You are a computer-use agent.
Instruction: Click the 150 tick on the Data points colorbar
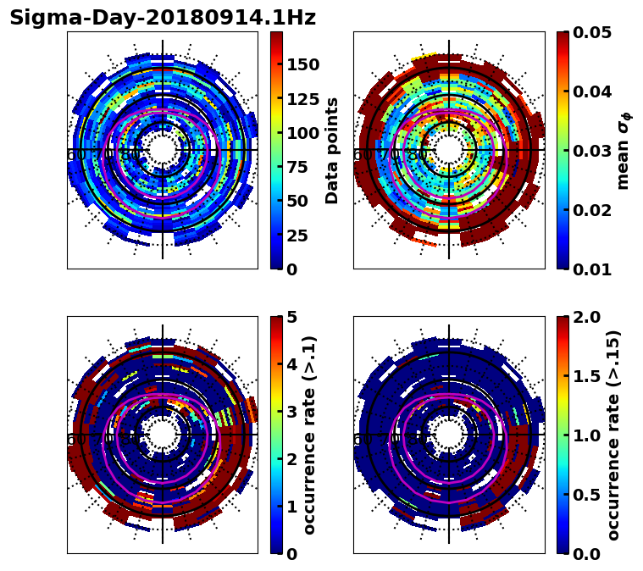pos(304,64)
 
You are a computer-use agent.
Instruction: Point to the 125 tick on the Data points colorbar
pos(304,99)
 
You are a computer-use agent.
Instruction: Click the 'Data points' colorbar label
pos(332,150)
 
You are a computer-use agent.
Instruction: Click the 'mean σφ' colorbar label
pos(624,152)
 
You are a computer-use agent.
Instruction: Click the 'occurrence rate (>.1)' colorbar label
pos(310,435)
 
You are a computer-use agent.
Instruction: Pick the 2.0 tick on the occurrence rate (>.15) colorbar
pos(586,317)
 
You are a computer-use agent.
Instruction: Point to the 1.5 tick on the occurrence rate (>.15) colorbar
pos(586,376)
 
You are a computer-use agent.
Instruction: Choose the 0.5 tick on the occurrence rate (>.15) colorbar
pos(586,495)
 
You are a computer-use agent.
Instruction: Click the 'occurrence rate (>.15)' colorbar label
pos(614,435)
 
